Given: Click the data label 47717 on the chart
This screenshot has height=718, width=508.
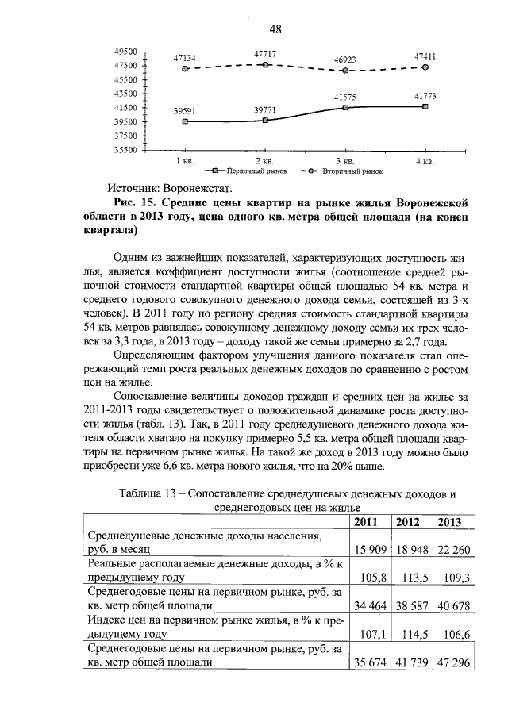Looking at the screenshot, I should [x=265, y=53].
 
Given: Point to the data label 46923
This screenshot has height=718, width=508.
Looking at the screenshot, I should [x=344, y=60].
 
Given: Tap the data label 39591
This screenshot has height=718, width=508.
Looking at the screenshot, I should [x=184, y=112].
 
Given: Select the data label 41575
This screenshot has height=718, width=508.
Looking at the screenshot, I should [x=344, y=97].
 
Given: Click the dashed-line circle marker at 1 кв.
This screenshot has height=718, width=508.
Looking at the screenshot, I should [x=185, y=69].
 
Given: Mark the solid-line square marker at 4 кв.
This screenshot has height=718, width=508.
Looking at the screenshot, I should [x=425, y=106].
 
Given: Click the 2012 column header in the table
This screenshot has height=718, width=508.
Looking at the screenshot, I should [x=408, y=521].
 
